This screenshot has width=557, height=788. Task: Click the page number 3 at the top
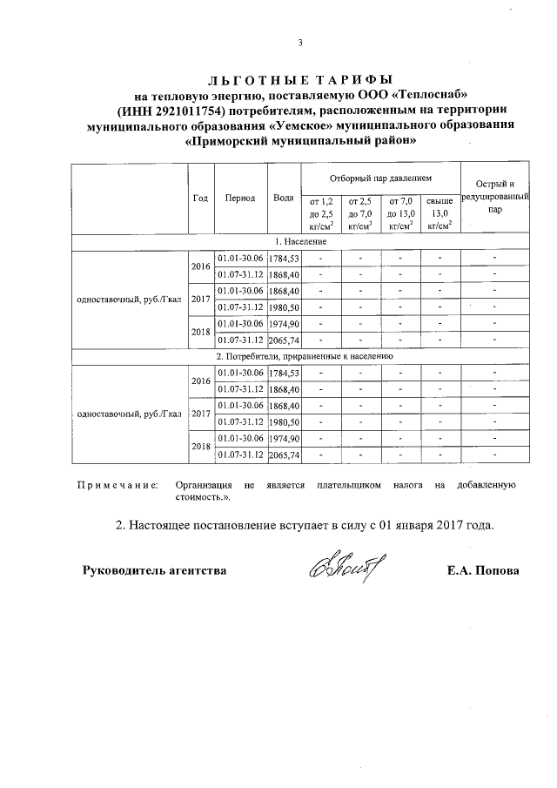point(299,44)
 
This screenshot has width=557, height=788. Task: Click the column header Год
point(200,198)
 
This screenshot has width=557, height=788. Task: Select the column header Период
point(239,198)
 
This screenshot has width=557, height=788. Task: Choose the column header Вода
point(283,198)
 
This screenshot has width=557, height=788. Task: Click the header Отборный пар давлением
point(379,178)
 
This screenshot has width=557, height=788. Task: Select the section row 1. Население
point(301,240)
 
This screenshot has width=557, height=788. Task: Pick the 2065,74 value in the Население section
point(285,340)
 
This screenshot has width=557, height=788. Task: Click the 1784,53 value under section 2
point(285,373)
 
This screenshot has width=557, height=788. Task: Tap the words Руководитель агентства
point(154,571)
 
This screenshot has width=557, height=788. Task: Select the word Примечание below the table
point(117,484)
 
